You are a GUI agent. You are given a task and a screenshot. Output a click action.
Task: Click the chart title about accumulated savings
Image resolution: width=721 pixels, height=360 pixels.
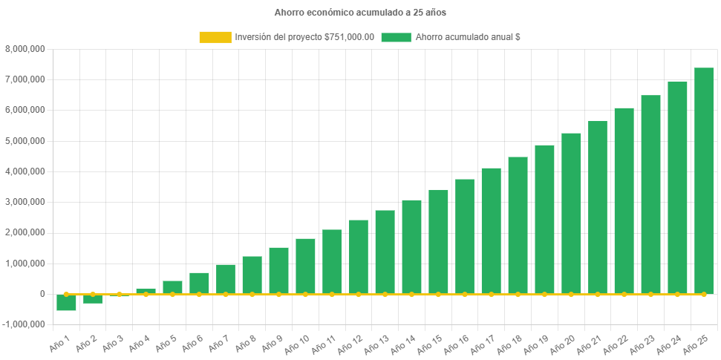tap(360, 13)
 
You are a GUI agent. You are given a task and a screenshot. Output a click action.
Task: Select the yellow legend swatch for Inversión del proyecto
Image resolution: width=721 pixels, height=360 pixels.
tap(215, 37)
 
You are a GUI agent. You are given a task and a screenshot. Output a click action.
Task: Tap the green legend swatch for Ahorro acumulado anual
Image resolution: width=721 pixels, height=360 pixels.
tap(396, 37)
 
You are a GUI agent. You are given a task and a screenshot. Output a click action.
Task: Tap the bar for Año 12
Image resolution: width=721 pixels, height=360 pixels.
tap(358, 257)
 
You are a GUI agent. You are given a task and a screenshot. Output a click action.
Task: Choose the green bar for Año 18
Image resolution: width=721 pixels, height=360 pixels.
tap(518, 226)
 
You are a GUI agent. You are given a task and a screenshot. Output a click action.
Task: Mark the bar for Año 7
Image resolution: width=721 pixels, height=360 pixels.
tap(226, 279)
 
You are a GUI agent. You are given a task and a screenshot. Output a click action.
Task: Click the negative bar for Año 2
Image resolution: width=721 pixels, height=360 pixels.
tap(93, 299)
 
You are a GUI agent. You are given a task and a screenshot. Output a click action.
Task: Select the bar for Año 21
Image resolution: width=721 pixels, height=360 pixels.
tap(597, 208)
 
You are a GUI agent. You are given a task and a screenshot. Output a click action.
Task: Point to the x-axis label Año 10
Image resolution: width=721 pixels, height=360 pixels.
tap(297, 343)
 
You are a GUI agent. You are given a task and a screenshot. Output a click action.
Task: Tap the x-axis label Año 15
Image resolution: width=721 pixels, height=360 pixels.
tap(430, 343)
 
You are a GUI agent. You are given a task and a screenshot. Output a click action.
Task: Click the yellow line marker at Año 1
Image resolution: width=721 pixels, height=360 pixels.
tap(66, 294)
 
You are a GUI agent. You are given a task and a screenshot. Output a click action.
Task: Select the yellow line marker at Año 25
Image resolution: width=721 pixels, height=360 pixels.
tap(703, 294)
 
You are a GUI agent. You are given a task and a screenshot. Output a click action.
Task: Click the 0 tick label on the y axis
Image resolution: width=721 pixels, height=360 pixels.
tap(42, 294)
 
